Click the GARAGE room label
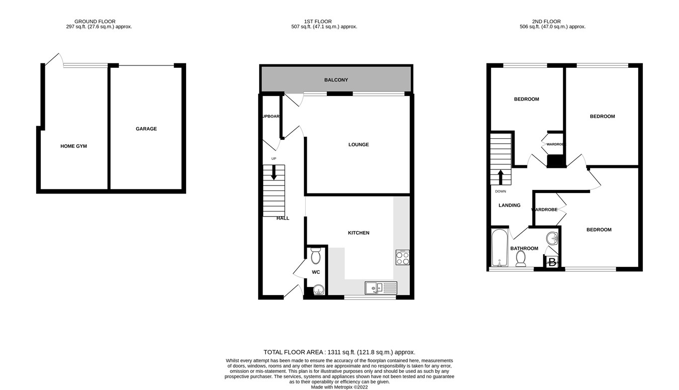click(146, 129)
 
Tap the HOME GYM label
click(74, 146)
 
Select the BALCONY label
click(335, 80)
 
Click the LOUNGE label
click(359, 145)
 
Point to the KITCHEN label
click(359, 233)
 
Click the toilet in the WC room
click(316, 256)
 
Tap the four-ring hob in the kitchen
click(402, 258)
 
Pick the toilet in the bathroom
click(521, 258)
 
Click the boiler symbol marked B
click(552, 262)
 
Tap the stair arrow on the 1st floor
click(274, 173)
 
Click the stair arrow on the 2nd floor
click(500, 177)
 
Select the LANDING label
click(509, 205)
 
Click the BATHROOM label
click(524, 248)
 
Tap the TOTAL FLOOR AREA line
click(339, 352)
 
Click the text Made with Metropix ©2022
click(339, 387)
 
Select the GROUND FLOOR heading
click(95, 21)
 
